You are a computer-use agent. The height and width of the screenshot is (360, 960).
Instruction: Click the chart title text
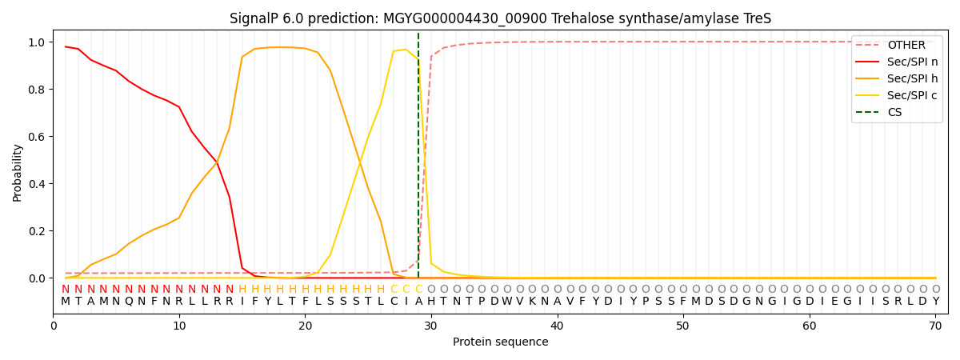(500, 18)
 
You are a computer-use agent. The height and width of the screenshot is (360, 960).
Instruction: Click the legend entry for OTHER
(906, 46)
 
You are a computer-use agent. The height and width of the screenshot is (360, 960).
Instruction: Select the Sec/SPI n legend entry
(912, 62)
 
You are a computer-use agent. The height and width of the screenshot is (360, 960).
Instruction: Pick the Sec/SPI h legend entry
(912, 79)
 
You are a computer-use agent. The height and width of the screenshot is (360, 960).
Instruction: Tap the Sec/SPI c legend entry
(912, 96)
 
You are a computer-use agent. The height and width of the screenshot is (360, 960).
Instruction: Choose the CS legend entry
(894, 113)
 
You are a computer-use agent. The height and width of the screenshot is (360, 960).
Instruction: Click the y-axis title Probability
(18, 172)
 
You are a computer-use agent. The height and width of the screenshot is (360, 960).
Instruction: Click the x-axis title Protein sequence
(500, 342)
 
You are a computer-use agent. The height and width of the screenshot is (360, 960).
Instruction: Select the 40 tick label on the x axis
(557, 326)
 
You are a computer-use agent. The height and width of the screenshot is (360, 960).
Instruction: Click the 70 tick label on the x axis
(935, 326)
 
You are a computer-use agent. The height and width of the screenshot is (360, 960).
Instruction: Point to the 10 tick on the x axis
(179, 326)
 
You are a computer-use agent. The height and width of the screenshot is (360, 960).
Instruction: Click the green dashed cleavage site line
(418, 160)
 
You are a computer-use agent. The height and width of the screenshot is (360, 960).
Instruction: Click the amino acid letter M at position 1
(66, 302)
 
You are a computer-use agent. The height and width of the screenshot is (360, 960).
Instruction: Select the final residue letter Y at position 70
(935, 302)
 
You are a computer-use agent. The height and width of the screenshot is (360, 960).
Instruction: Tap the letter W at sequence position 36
(506, 302)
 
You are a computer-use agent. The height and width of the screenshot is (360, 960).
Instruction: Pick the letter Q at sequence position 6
(129, 302)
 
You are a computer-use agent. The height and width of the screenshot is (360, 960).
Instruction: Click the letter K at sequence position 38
(532, 302)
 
